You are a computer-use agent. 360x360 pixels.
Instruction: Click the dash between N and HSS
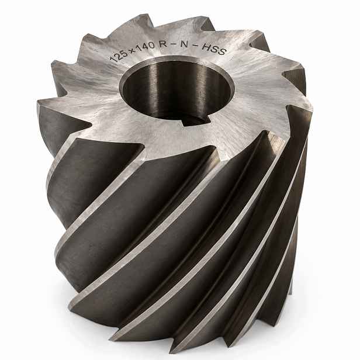coord(195,46)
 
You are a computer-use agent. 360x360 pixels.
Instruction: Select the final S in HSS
coord(221,52)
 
